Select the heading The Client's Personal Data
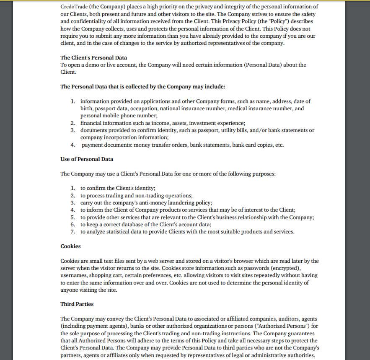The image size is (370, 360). (93, 57)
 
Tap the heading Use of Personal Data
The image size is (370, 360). (87, 159)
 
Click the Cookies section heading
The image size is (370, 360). (70, 246)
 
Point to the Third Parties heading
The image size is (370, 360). (77, 304)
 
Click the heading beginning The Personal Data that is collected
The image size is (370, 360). (143, 86)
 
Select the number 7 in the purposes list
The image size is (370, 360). (72, 232)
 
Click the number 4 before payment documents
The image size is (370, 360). (72, 145)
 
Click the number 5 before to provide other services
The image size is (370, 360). (72, 217)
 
